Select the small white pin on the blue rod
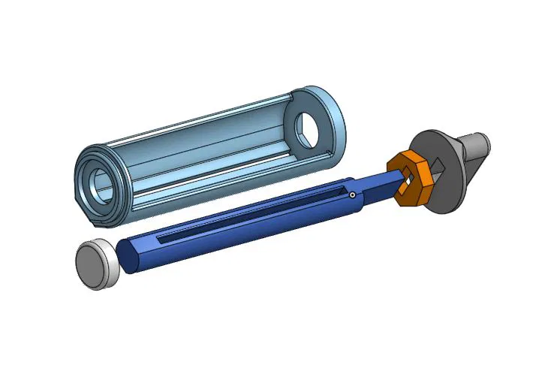pyautogui.click(x=351, y=195)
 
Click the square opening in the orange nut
pyautogui.click(x=408, y=181)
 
